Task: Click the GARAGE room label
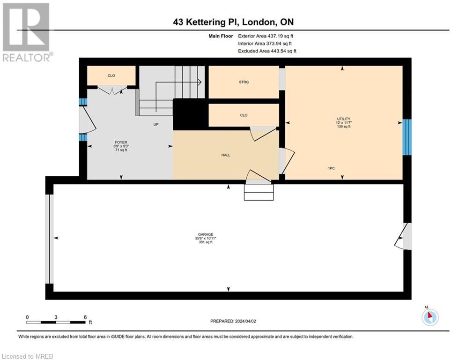pyautogui.click(x=205, y=234)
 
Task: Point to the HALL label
pyautogui.click(x=226, y=155)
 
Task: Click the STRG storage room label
pyautogui.click(x=244, y=82)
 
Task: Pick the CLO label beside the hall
pyautogui.click(x=244, y=115)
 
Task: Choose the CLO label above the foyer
pyautogui.click(x=111, y=75)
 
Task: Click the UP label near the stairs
pyautogui.click(x=156, y=125)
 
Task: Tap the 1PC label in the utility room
pyautogui.click(x=331, y=168)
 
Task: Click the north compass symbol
pyautogui.click(x=429, y=317)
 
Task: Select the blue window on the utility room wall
pyautogui.click(x=407, y=137)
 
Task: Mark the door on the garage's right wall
pyautogui.click(x=404, y=236)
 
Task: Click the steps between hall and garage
pyautogui.click(x=258, y=192)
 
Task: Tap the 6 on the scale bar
pyautogui.click(x=85, y=317)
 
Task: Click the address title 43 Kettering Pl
pyautogui.click(x=233, y=22)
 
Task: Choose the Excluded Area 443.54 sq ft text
pyautogui.click(x=267, y=51)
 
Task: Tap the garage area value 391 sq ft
pyautogui.click(x=205, y=242)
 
